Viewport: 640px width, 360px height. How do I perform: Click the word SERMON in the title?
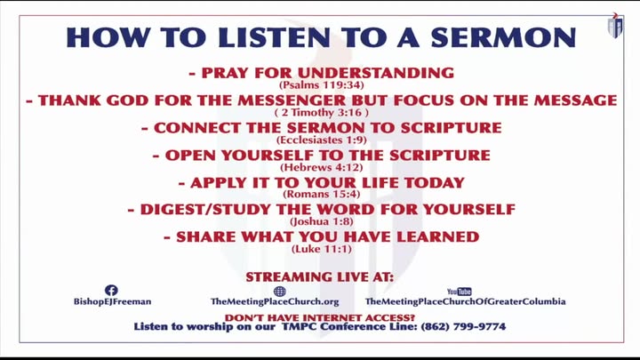click(x=503, y=37)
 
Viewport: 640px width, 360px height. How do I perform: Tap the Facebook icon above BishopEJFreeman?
click(x=111, y=290)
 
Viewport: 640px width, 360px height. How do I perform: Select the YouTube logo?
click(x=460, y=292)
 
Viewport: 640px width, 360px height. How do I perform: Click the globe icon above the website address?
click(x=280, y=291)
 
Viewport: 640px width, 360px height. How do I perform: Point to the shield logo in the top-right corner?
click(x=615, y=26)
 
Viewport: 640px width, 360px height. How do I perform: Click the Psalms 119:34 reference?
click(x=321, y=85)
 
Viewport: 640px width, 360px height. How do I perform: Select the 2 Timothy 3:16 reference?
click(x=321, y=112)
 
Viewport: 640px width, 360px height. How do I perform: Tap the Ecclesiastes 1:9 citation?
click(x=321, y=140)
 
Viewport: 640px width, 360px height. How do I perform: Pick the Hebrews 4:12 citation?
click(x=321, y=167)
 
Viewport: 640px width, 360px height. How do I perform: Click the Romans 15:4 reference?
click(x=321, y=194)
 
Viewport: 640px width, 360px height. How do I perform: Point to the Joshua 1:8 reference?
click(x=321, y=221)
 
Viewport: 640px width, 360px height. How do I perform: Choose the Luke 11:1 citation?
click(x=321, y=249)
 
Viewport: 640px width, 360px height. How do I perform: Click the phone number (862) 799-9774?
click(x=463, y=326)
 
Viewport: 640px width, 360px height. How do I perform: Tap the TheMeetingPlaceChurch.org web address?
click(x=275, y=301)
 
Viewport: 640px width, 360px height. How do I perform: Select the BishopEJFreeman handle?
click(x=112, y=301)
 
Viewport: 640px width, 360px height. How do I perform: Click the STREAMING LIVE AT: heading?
click(x=320, y=277)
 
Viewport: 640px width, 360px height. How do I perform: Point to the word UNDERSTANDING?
click(x=375, y=73)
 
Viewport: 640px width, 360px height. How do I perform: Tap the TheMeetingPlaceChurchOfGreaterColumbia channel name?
click(x=465, y=301)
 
